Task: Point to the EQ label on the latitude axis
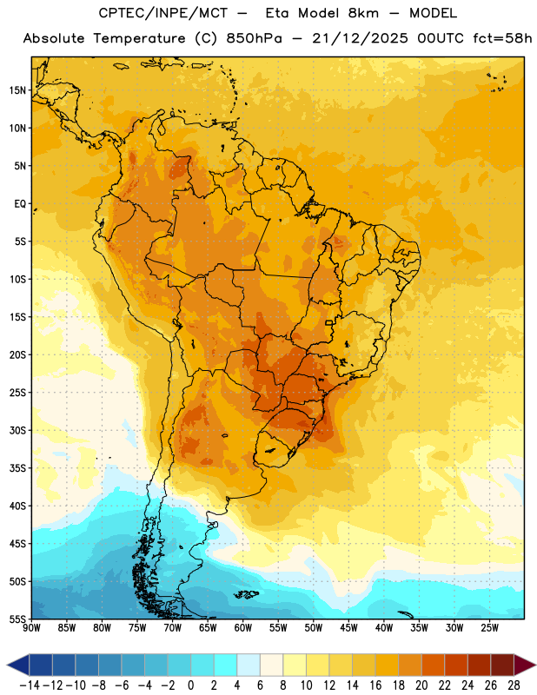point(20,204)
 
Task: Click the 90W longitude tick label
point(32,627)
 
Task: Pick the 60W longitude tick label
point(243,627)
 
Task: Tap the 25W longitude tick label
point(489,627)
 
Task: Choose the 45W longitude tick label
point(348,627)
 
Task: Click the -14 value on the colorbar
point(30,685)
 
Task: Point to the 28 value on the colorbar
point(514,685)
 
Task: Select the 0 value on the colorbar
point(190,685)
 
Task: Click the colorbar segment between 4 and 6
point(249,665)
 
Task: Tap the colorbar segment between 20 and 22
point(433,665)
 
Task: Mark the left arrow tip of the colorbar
point(7,665)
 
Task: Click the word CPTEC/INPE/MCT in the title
point(162,13)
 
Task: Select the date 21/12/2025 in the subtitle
point(360,38)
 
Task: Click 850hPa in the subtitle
point(254,38)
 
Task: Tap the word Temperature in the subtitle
point(139,39)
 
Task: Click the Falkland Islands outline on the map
point(246,594)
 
